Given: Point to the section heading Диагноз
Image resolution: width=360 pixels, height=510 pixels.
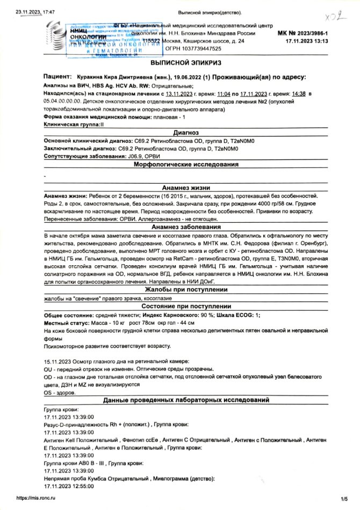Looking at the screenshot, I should (x=186, y=133).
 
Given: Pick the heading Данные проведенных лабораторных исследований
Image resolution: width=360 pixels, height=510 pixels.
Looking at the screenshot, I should (x=186, y=401).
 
